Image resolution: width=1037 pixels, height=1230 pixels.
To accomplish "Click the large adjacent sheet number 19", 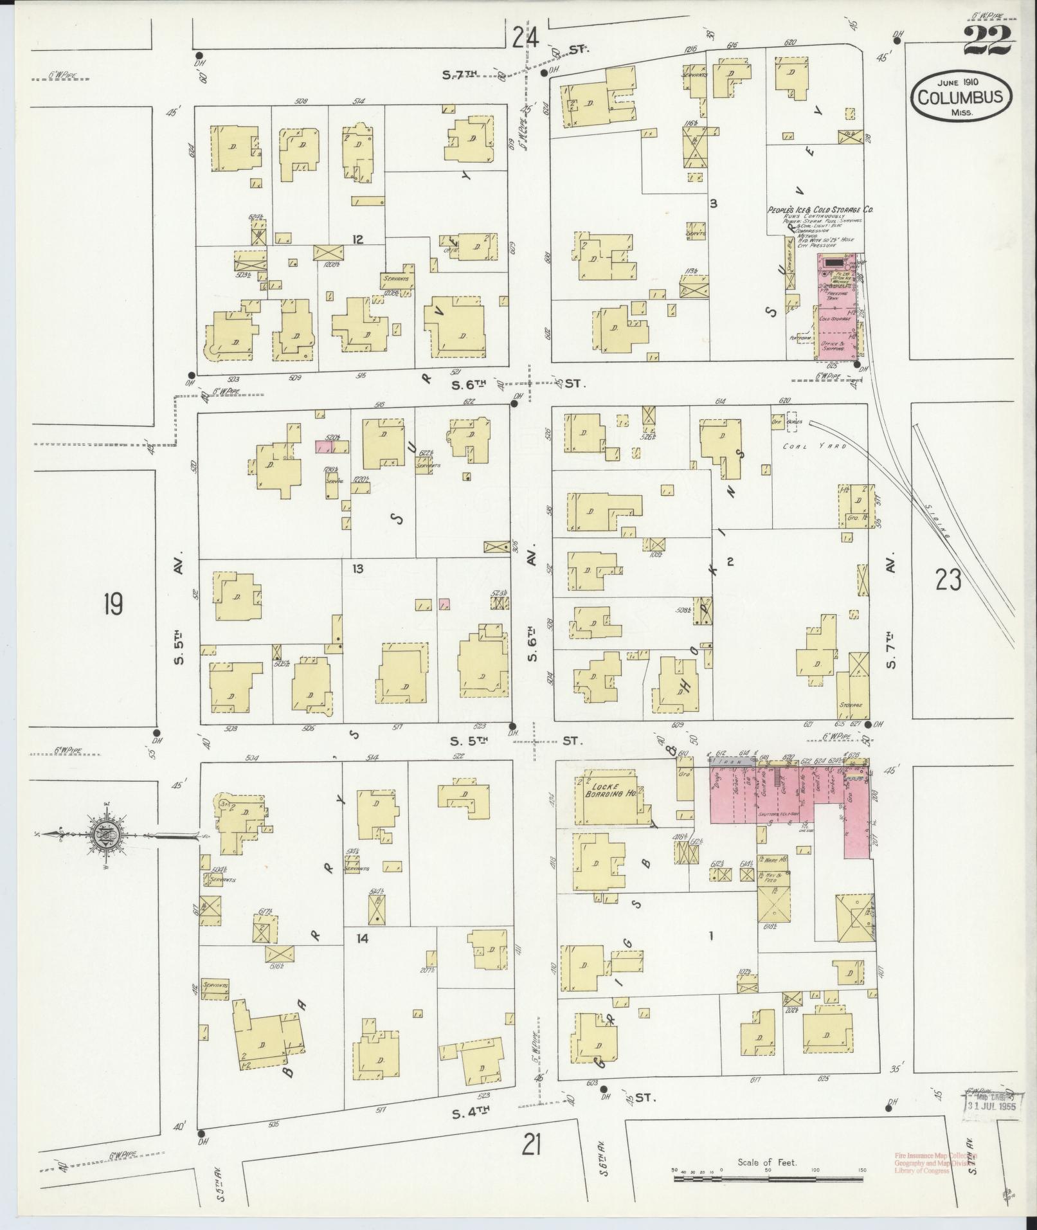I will pos(113,604).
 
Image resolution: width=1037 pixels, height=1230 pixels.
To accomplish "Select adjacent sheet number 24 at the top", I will pos(526,39).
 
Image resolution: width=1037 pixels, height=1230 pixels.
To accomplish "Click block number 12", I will pos(357,240).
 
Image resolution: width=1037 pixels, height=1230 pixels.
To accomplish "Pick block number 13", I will pos(357,568).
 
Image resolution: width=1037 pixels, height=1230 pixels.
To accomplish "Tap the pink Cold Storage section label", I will pos(835,319).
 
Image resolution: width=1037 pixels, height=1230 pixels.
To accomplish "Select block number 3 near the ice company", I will pos(713,204).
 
